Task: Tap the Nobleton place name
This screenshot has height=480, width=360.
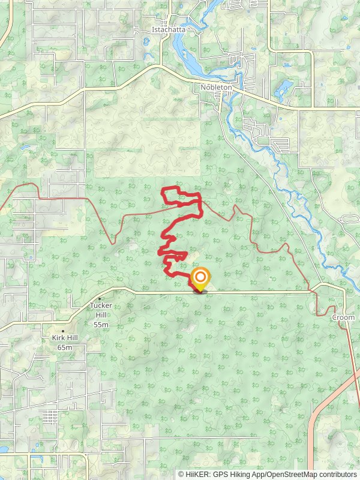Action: point(216,87)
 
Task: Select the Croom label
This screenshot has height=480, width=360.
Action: point(344,317)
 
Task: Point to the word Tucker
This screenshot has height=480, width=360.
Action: point(101,305)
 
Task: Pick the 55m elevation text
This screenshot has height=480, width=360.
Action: point(101,325)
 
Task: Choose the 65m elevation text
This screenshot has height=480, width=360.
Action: point(65,347)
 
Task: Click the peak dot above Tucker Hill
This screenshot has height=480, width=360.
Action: point(100,298)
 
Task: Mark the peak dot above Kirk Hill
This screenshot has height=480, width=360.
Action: point(63,331)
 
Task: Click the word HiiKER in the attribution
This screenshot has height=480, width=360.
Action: point(197,474)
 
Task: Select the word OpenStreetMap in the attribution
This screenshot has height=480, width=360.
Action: point(290,474)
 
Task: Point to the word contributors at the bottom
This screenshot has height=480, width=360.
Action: point(337,474)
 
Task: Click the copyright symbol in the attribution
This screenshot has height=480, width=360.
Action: point(181,474)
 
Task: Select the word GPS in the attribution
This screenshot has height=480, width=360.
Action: point(221,474)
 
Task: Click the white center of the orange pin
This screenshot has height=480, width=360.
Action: point(200,277)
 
